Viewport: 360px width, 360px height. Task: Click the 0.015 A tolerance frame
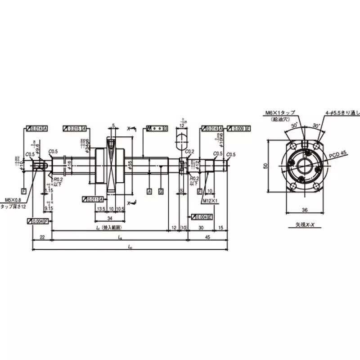point(75,129)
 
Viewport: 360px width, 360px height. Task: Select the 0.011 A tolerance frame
point(94,199)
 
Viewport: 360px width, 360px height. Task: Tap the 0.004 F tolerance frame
point(38,221)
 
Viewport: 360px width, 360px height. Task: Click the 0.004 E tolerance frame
point(202,216)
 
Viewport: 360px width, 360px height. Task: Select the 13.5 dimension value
point(102,209)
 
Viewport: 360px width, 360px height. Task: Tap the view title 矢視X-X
point(305,224)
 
